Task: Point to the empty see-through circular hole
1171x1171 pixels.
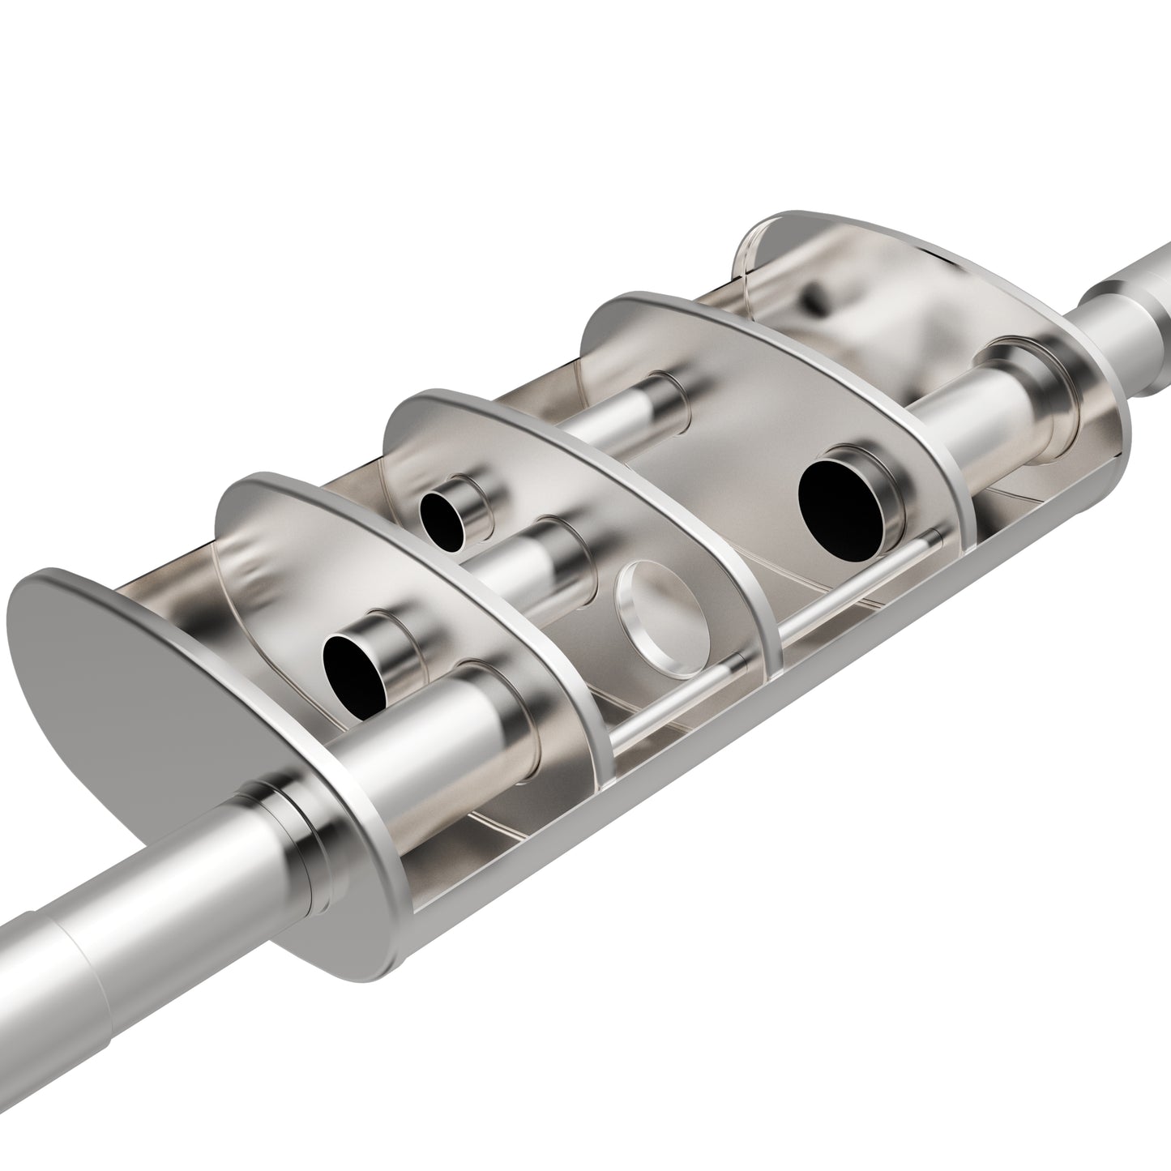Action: point(658,618)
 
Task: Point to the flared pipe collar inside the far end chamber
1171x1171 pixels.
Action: point(1029,389)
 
